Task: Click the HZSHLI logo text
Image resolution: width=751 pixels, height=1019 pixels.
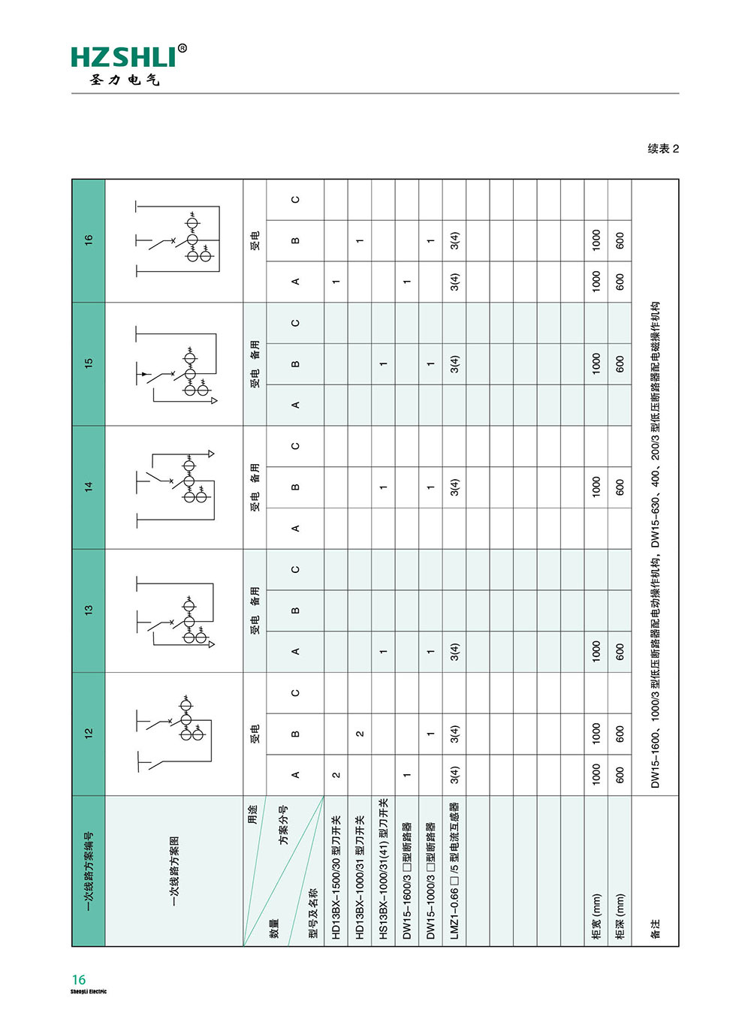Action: tap(123, 58)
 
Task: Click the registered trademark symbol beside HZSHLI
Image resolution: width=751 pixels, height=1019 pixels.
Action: tap(182, 49)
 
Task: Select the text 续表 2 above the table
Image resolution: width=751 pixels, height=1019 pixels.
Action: tap(663, 149)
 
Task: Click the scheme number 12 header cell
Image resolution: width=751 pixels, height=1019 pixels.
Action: tap(89, 734)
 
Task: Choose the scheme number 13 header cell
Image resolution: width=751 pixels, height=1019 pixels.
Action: tap(89, 610)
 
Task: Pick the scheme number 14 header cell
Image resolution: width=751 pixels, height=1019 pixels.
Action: tap(89, 487)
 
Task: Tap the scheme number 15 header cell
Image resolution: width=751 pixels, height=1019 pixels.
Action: tap(89, 363)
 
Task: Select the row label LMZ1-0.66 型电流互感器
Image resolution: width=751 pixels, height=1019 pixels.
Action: tap(454, 871)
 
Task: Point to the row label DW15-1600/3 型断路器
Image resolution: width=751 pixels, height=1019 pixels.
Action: tap(407, 881)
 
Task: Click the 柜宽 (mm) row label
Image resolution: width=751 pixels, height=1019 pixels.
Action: tap(596, 917)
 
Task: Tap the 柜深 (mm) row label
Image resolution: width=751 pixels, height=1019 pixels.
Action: tap(620, 917)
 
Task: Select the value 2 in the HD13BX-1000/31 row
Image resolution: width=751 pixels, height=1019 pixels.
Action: tap(360, 734)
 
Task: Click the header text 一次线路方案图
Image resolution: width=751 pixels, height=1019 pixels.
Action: tap(174, 871)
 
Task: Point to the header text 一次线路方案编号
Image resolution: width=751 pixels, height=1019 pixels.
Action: tap(89, 871)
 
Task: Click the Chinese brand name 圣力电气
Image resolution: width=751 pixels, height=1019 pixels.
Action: tap(125, 80)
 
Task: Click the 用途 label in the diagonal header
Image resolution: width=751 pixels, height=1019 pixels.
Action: tap(253, 814)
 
